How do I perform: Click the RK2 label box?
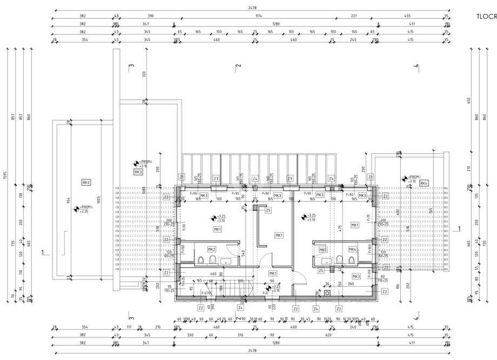[x=86, y=182]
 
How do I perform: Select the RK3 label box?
[x=138, y=172]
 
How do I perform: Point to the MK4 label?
[x=352, y=249]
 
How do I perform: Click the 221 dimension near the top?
[x=354, y=16]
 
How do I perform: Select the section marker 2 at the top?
[x=238, y=66]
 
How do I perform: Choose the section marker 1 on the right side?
[x=459, y=228]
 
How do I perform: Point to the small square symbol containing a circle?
[x=327, y=293]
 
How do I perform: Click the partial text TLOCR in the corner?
[x=486, y=16]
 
